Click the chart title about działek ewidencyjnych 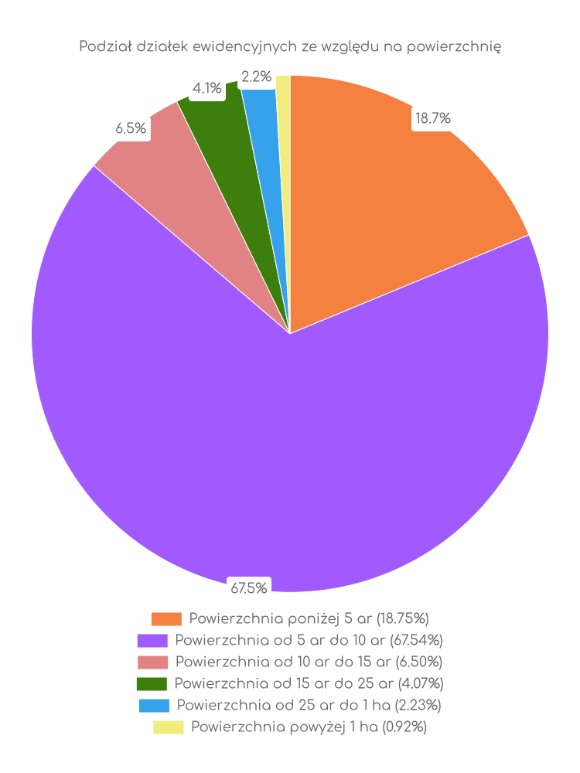(x=290, y=47)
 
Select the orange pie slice (x=387, y=193)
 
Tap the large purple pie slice (x=286, y=448)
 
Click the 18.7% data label (x=433, y=118)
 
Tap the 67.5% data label (x=248, y=588)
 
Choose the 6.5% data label (x=131, y=129)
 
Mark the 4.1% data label (x=207, y=88)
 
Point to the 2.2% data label (x=256, y=77)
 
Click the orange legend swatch (x=166, y=619)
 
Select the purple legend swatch (x=152, y=641)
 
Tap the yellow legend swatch (x=168, y=727)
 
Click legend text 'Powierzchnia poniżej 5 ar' (x=309, y=618)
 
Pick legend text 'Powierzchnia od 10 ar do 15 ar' (x=309, y=662)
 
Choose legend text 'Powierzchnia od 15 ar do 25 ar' (x=309, y=683)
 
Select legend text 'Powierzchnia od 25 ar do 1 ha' (x=309, y=705)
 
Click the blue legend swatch (x=154, y=706)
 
